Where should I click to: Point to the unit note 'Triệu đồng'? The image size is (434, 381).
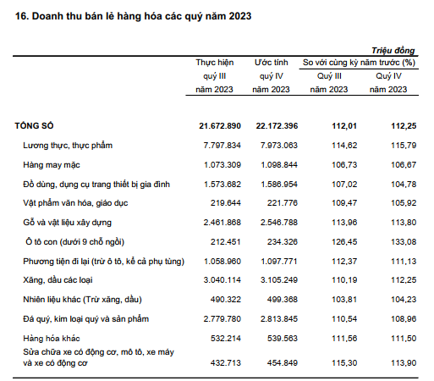tap(393, 51)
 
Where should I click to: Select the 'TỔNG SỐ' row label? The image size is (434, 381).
tap(34, 125)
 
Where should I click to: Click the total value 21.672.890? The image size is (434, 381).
tap(220, 126)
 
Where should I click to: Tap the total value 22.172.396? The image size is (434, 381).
tap(277, 126)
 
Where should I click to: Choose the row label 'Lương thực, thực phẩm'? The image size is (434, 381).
tap(68, 146)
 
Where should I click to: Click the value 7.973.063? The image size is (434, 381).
tap(279, 146)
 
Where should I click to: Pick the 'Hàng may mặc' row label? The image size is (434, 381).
tap(52, 165)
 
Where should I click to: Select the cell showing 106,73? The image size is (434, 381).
tap(344, 165)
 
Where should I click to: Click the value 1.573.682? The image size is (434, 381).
tap(222, 185)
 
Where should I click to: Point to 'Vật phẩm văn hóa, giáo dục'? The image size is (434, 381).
tap(75, 203)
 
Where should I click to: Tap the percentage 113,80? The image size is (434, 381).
tap(404, 223)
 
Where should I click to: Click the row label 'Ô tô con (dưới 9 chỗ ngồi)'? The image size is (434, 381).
tap(75, 242)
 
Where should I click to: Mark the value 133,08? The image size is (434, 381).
tap(404, 242)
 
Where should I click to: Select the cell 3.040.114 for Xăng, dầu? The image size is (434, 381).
tap(222, 280)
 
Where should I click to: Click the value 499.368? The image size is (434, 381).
tap(283, 300)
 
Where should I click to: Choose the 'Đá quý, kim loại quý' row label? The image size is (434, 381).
tap(86, 319)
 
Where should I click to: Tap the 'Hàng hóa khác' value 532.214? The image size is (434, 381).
tap(226, 339)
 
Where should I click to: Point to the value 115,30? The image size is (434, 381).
tap(344, 363)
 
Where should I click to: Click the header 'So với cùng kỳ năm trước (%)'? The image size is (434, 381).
tap(359, 63)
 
